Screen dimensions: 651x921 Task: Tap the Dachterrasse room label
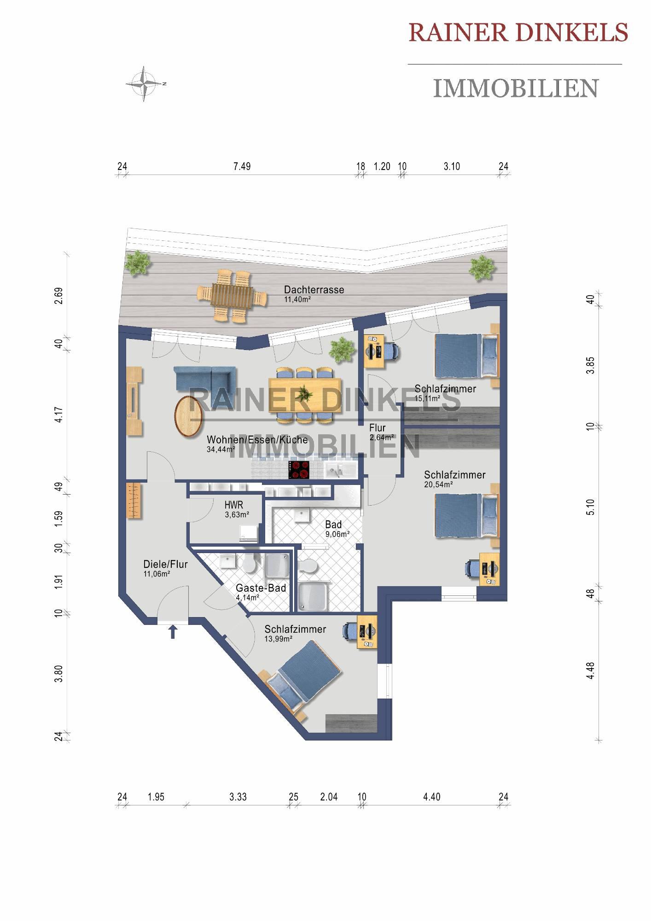click(314, 290)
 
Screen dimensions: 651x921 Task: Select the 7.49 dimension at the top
click(242, 166)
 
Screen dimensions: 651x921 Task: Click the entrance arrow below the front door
click(173, 631)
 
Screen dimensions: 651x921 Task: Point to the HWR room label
click(234, 505)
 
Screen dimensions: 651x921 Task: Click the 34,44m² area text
click(221, 449)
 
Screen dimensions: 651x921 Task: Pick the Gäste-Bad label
click(261, 588)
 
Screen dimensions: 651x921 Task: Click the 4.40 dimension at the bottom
click(432, 797)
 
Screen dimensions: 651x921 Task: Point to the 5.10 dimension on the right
click(591, 507)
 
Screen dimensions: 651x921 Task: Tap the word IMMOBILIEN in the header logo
click(516, 88)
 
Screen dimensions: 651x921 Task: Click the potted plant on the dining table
click(304, 393)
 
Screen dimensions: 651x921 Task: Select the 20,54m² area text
click(438, 484)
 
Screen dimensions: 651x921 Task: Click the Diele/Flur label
click(166, 564)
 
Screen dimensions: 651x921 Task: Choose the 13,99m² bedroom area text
click(279, 639)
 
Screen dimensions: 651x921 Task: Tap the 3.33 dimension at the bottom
click(238, 797)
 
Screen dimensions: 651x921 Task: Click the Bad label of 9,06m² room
click(333, 525)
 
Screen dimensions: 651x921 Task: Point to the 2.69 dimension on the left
click(58, 296)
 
